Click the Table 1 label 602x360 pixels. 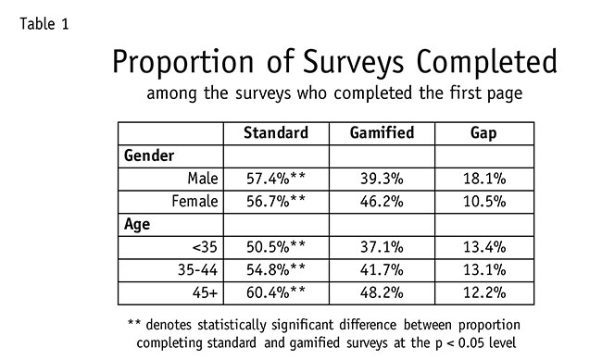[x=44, y=24]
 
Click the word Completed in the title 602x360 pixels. [x=486, y=61]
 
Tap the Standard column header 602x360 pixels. [x=276, y=132]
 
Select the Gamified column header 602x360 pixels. [x=382, y=132]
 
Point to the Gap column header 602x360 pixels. [x=483, y=133]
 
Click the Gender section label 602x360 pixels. [x=149, y=155]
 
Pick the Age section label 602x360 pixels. [x=137, y=225]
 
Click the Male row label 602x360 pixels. [x=203, y=179]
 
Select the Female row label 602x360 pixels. [x=194, y=201]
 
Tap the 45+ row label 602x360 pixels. [x=205, y=292]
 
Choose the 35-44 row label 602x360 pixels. [x=197, y=270]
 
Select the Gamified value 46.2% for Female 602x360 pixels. [x=382, y=202]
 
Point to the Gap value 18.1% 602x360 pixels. [x=484, y=179]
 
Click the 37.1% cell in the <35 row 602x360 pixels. [x=382, y=247]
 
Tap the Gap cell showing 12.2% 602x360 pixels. [x=484, y=293]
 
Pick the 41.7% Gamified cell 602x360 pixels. [x=382, y=270]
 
